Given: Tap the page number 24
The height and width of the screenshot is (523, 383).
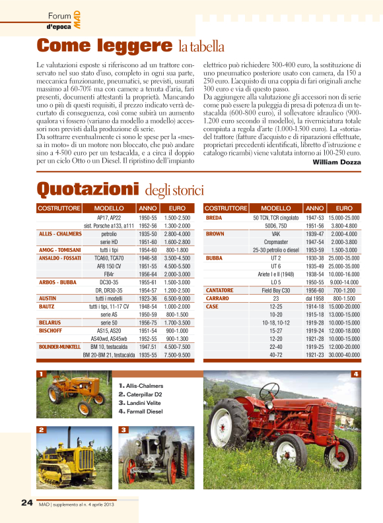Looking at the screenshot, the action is pos(26,503).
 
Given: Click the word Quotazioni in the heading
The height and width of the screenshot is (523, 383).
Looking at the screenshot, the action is pos(88,189).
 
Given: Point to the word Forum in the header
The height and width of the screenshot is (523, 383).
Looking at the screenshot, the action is pos(59,16).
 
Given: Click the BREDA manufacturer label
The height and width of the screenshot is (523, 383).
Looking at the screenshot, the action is pos(214,217).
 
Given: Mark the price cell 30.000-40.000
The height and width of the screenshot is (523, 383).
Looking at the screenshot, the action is pos(344,355).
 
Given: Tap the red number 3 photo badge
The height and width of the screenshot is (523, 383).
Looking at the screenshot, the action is pos(123,430).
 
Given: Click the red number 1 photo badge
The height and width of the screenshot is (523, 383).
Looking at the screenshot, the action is pos(41,375).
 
